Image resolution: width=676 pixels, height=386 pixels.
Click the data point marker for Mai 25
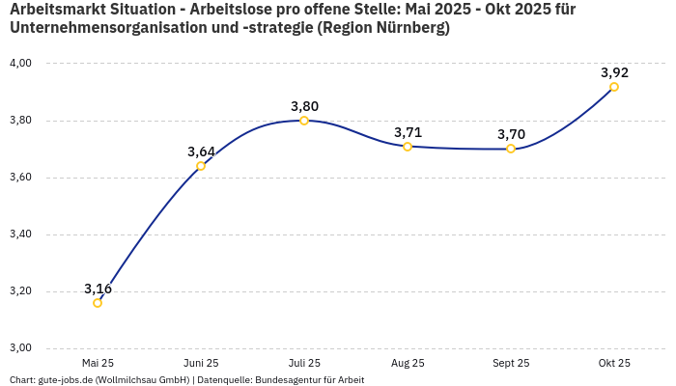(98, 303)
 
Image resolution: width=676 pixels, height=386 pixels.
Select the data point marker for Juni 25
(201, 166)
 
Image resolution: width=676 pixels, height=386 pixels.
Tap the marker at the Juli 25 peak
(304, 121)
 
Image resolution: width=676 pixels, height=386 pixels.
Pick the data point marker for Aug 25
(408, 147)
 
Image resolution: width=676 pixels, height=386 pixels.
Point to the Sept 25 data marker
(511, 149)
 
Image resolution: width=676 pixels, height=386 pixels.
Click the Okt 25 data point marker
(614, 87)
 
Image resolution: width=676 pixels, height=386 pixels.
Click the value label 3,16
(98, 289)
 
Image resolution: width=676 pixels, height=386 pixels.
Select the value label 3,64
(201, 152)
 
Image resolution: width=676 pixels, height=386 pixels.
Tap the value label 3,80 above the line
(304, 106)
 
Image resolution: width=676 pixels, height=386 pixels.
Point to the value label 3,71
(408, 132)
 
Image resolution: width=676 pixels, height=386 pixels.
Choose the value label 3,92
(614, 72)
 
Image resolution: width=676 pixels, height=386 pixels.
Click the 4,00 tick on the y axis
(20, 63)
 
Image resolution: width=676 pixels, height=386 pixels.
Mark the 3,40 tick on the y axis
(20, 234)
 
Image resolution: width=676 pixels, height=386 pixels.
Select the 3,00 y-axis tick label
(20, 348)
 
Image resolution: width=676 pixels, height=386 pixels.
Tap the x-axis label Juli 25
(304, 363)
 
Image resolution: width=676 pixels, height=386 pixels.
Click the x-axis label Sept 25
(511, 363)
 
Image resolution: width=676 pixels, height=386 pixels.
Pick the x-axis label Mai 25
(98, 363)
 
